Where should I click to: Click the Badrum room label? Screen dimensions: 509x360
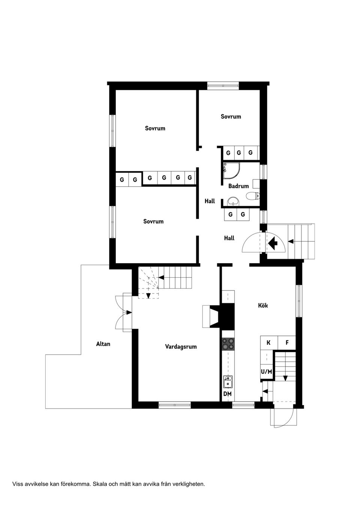238,186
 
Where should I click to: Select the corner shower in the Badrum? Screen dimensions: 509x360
231,171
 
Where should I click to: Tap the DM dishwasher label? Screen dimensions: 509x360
227,394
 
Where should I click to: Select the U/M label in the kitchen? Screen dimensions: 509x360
266,372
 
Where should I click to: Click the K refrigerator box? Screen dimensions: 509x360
268,343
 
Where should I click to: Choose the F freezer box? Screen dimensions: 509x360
287,343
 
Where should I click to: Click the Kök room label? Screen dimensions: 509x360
263,305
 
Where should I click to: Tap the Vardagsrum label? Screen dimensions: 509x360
181,347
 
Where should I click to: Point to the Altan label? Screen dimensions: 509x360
103,344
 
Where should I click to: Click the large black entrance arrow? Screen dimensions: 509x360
273,243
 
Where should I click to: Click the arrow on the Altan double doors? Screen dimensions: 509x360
129,312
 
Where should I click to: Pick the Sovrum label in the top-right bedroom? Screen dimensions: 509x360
231,117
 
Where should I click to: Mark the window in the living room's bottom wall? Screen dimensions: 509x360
174,405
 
